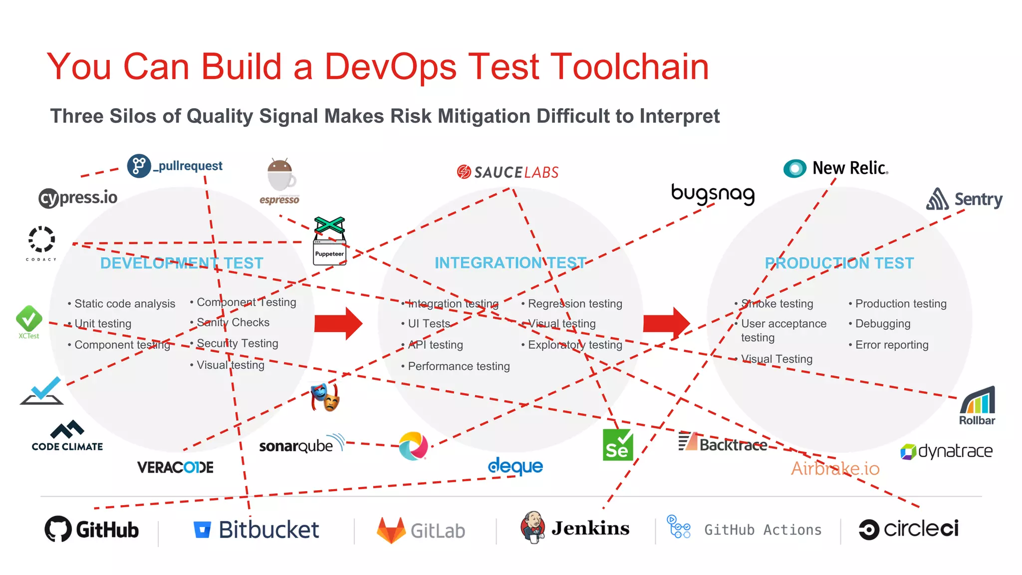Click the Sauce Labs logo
tap(508, 172)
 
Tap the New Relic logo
tap(836, 168)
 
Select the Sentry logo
tap(964, 199)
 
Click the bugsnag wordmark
tap(713, 194)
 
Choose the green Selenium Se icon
tap(618, 445)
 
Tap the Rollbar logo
tap(977, 406)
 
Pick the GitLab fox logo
tap(391, 530)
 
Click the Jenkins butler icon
tap(533, 528)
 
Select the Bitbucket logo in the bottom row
tap(256, 530)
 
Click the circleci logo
tap(909, 529)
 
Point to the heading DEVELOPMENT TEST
tap(182, 263)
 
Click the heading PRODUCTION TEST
tap(839, 263)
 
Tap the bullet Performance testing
tap(459, 366)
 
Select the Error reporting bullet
tap(892, 345)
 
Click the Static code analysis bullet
tap(125, 303)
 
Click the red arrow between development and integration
tap(338, 323)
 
